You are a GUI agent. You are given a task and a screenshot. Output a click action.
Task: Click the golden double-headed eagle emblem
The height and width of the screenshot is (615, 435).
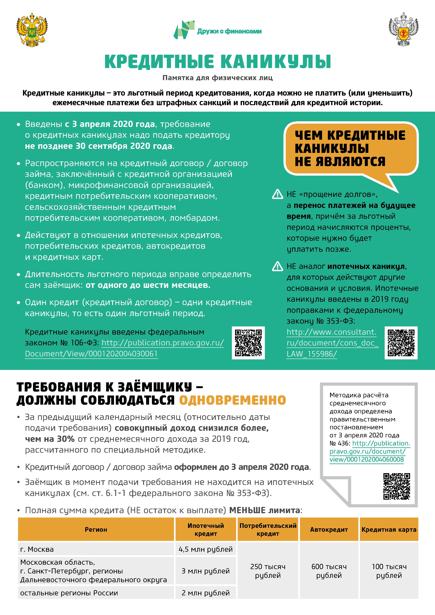(x=32, y=30)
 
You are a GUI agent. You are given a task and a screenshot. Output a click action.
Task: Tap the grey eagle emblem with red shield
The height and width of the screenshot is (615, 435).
(x=403, y=30)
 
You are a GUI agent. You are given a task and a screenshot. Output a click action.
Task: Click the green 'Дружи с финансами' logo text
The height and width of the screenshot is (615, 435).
(x=229, y=31)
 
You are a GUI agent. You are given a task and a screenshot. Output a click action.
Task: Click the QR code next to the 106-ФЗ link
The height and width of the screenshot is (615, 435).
(x=248, y=343)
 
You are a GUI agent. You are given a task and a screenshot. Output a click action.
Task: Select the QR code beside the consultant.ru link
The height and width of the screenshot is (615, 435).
(x=401, y=343)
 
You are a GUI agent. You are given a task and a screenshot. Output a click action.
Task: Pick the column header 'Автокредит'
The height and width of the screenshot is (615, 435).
(x=329, y=530)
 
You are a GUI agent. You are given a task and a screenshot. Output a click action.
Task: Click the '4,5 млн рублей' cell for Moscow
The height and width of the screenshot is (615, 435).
(x=206, y=549)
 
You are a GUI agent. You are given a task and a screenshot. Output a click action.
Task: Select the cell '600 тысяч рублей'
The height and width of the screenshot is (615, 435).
(x=329, y=571)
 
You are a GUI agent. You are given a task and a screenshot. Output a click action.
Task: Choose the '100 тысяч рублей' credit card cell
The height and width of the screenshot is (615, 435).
(x=389, y=571)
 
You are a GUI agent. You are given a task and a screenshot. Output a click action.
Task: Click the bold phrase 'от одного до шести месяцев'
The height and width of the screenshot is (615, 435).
(x=148, y=285)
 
